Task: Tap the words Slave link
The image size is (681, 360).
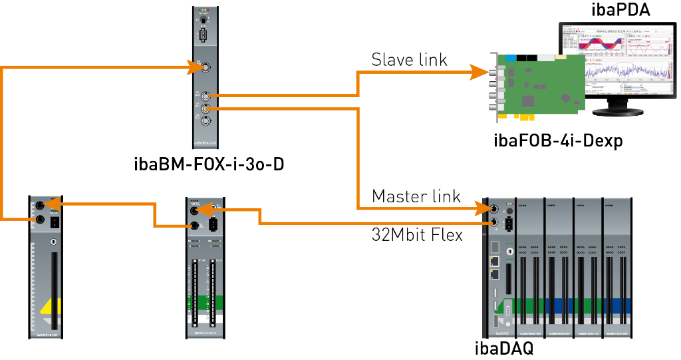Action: (409, 60)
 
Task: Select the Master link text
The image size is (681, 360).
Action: (416, 196)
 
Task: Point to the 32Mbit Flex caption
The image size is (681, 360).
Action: (417, 235)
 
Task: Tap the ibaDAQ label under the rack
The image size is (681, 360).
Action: (503, 348)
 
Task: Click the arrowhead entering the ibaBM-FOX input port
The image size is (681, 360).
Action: (197, 67)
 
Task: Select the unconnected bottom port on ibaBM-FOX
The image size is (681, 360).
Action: (207, 121)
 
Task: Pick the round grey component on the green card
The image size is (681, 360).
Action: (566, 98)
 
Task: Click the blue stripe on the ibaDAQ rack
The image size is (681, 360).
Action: (582, 305)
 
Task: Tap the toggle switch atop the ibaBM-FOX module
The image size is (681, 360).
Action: (204, 20)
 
